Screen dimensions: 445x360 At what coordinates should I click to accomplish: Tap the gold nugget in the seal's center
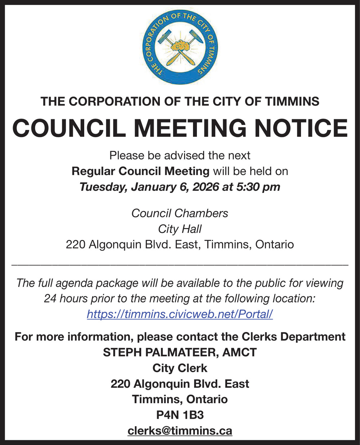click(x=180, y=46)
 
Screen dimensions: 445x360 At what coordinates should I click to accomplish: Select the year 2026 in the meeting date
click(x=207, y=187)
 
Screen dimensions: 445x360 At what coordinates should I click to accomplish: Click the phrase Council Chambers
click(x=180, y=213)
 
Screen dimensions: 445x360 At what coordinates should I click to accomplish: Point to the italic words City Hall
click(x=180, y=229)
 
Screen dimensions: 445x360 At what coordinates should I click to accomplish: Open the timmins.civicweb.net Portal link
click(x=180, y=314)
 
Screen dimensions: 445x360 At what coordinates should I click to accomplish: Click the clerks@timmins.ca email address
click(x=180, y=431)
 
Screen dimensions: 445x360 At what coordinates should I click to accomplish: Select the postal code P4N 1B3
click(x=180, y=415)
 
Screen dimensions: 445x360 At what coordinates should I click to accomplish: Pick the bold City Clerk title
click(x=180, y=368)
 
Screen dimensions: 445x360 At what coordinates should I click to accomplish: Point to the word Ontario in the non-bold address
click(x=274, y=245)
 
